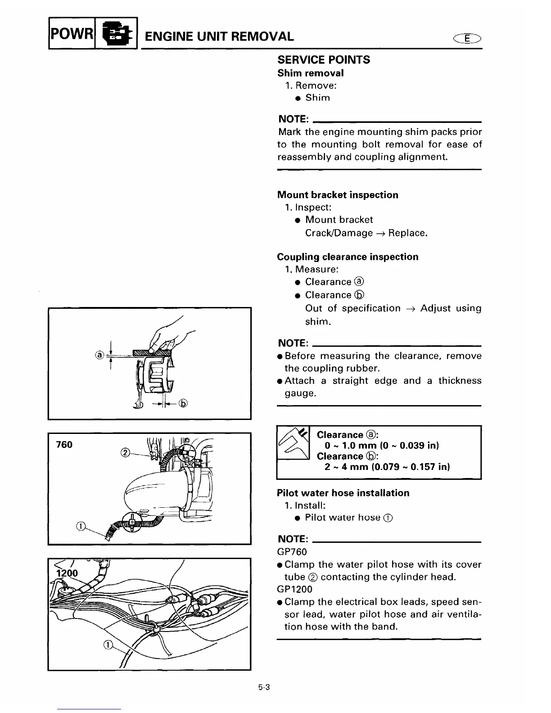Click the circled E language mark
tap(468, 39)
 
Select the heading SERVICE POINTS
tap(324, 60)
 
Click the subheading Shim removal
tap(310, 73)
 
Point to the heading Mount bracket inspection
tap(338, 195)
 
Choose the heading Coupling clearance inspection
tap(348, 257)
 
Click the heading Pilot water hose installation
tap(343, 493)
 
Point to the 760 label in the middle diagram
tap(64, 445)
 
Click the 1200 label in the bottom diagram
tap(67, 573)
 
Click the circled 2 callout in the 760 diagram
tap(126, 452)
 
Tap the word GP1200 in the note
tap(295, 589)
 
